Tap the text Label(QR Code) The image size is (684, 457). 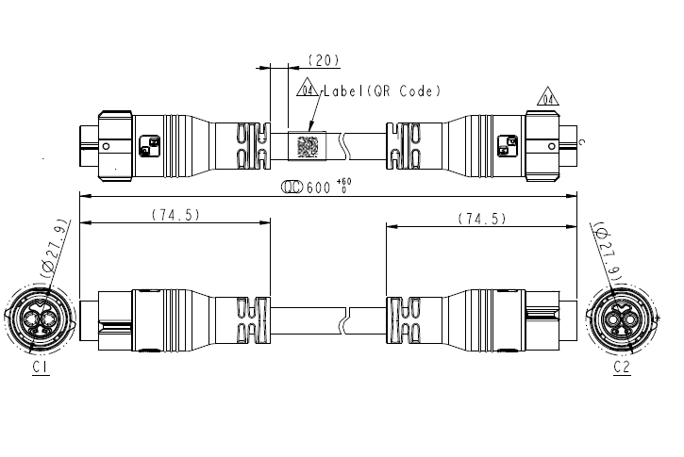click(x=382, y=91)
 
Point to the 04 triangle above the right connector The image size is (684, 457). click(x=544, y=97)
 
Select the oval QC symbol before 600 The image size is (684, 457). click(x=292, y=188)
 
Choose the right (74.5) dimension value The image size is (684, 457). click(x=482, y=218)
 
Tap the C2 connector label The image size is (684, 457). click(x=621, y=367)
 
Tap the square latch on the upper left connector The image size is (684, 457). click(x=149, y=146)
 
